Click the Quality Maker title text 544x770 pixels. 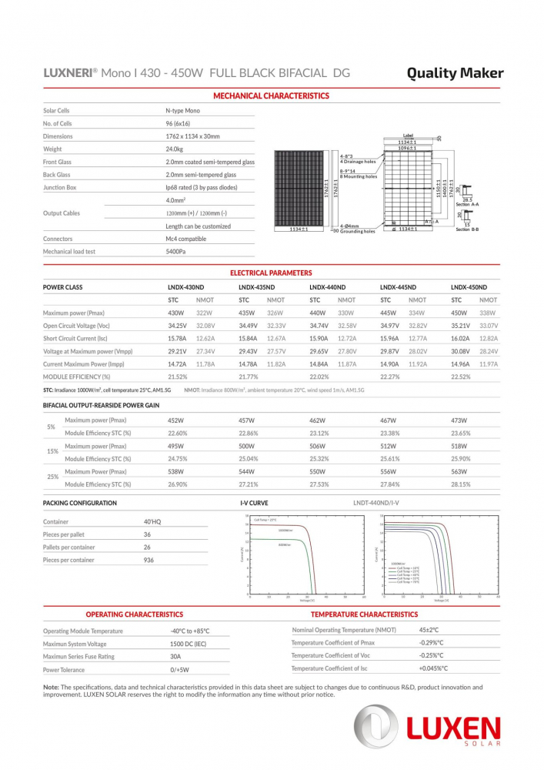(x=455, y=73)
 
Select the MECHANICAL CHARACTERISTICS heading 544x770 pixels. (x=271, y=96)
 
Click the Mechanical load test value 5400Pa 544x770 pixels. (x=176, y=252)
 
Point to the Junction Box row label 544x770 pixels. (x=60, y=187)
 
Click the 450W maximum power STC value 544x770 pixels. (x=459, y=313)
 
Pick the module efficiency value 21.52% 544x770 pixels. (x=178, y=377)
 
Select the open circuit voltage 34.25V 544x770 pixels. (x=178, y=326)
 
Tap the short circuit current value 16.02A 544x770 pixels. (x=460, y=339)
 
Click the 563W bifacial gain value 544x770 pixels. (x=459, y=471)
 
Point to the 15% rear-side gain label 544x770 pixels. (x=52, y=452)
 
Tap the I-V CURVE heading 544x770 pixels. (x=254, y=503)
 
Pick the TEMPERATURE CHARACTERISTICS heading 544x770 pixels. (x=364, y=614)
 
